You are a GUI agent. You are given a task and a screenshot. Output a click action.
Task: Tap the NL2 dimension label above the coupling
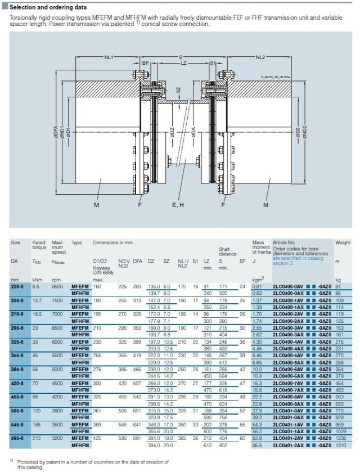(260, 57)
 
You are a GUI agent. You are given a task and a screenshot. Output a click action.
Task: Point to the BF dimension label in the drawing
(145, 64)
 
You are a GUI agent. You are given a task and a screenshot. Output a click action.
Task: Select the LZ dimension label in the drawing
(183, 64)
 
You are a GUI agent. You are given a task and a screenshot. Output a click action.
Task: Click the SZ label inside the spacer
(178, 90)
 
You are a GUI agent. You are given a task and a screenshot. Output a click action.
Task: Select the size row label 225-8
(17, 286)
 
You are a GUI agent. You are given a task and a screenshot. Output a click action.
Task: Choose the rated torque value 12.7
(37, 300)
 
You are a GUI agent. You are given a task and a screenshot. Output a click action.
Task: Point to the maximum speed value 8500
(57, 286)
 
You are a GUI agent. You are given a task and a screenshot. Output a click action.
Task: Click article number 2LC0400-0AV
(287, 286)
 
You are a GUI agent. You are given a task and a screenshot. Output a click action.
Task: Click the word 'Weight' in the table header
(343, 242)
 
